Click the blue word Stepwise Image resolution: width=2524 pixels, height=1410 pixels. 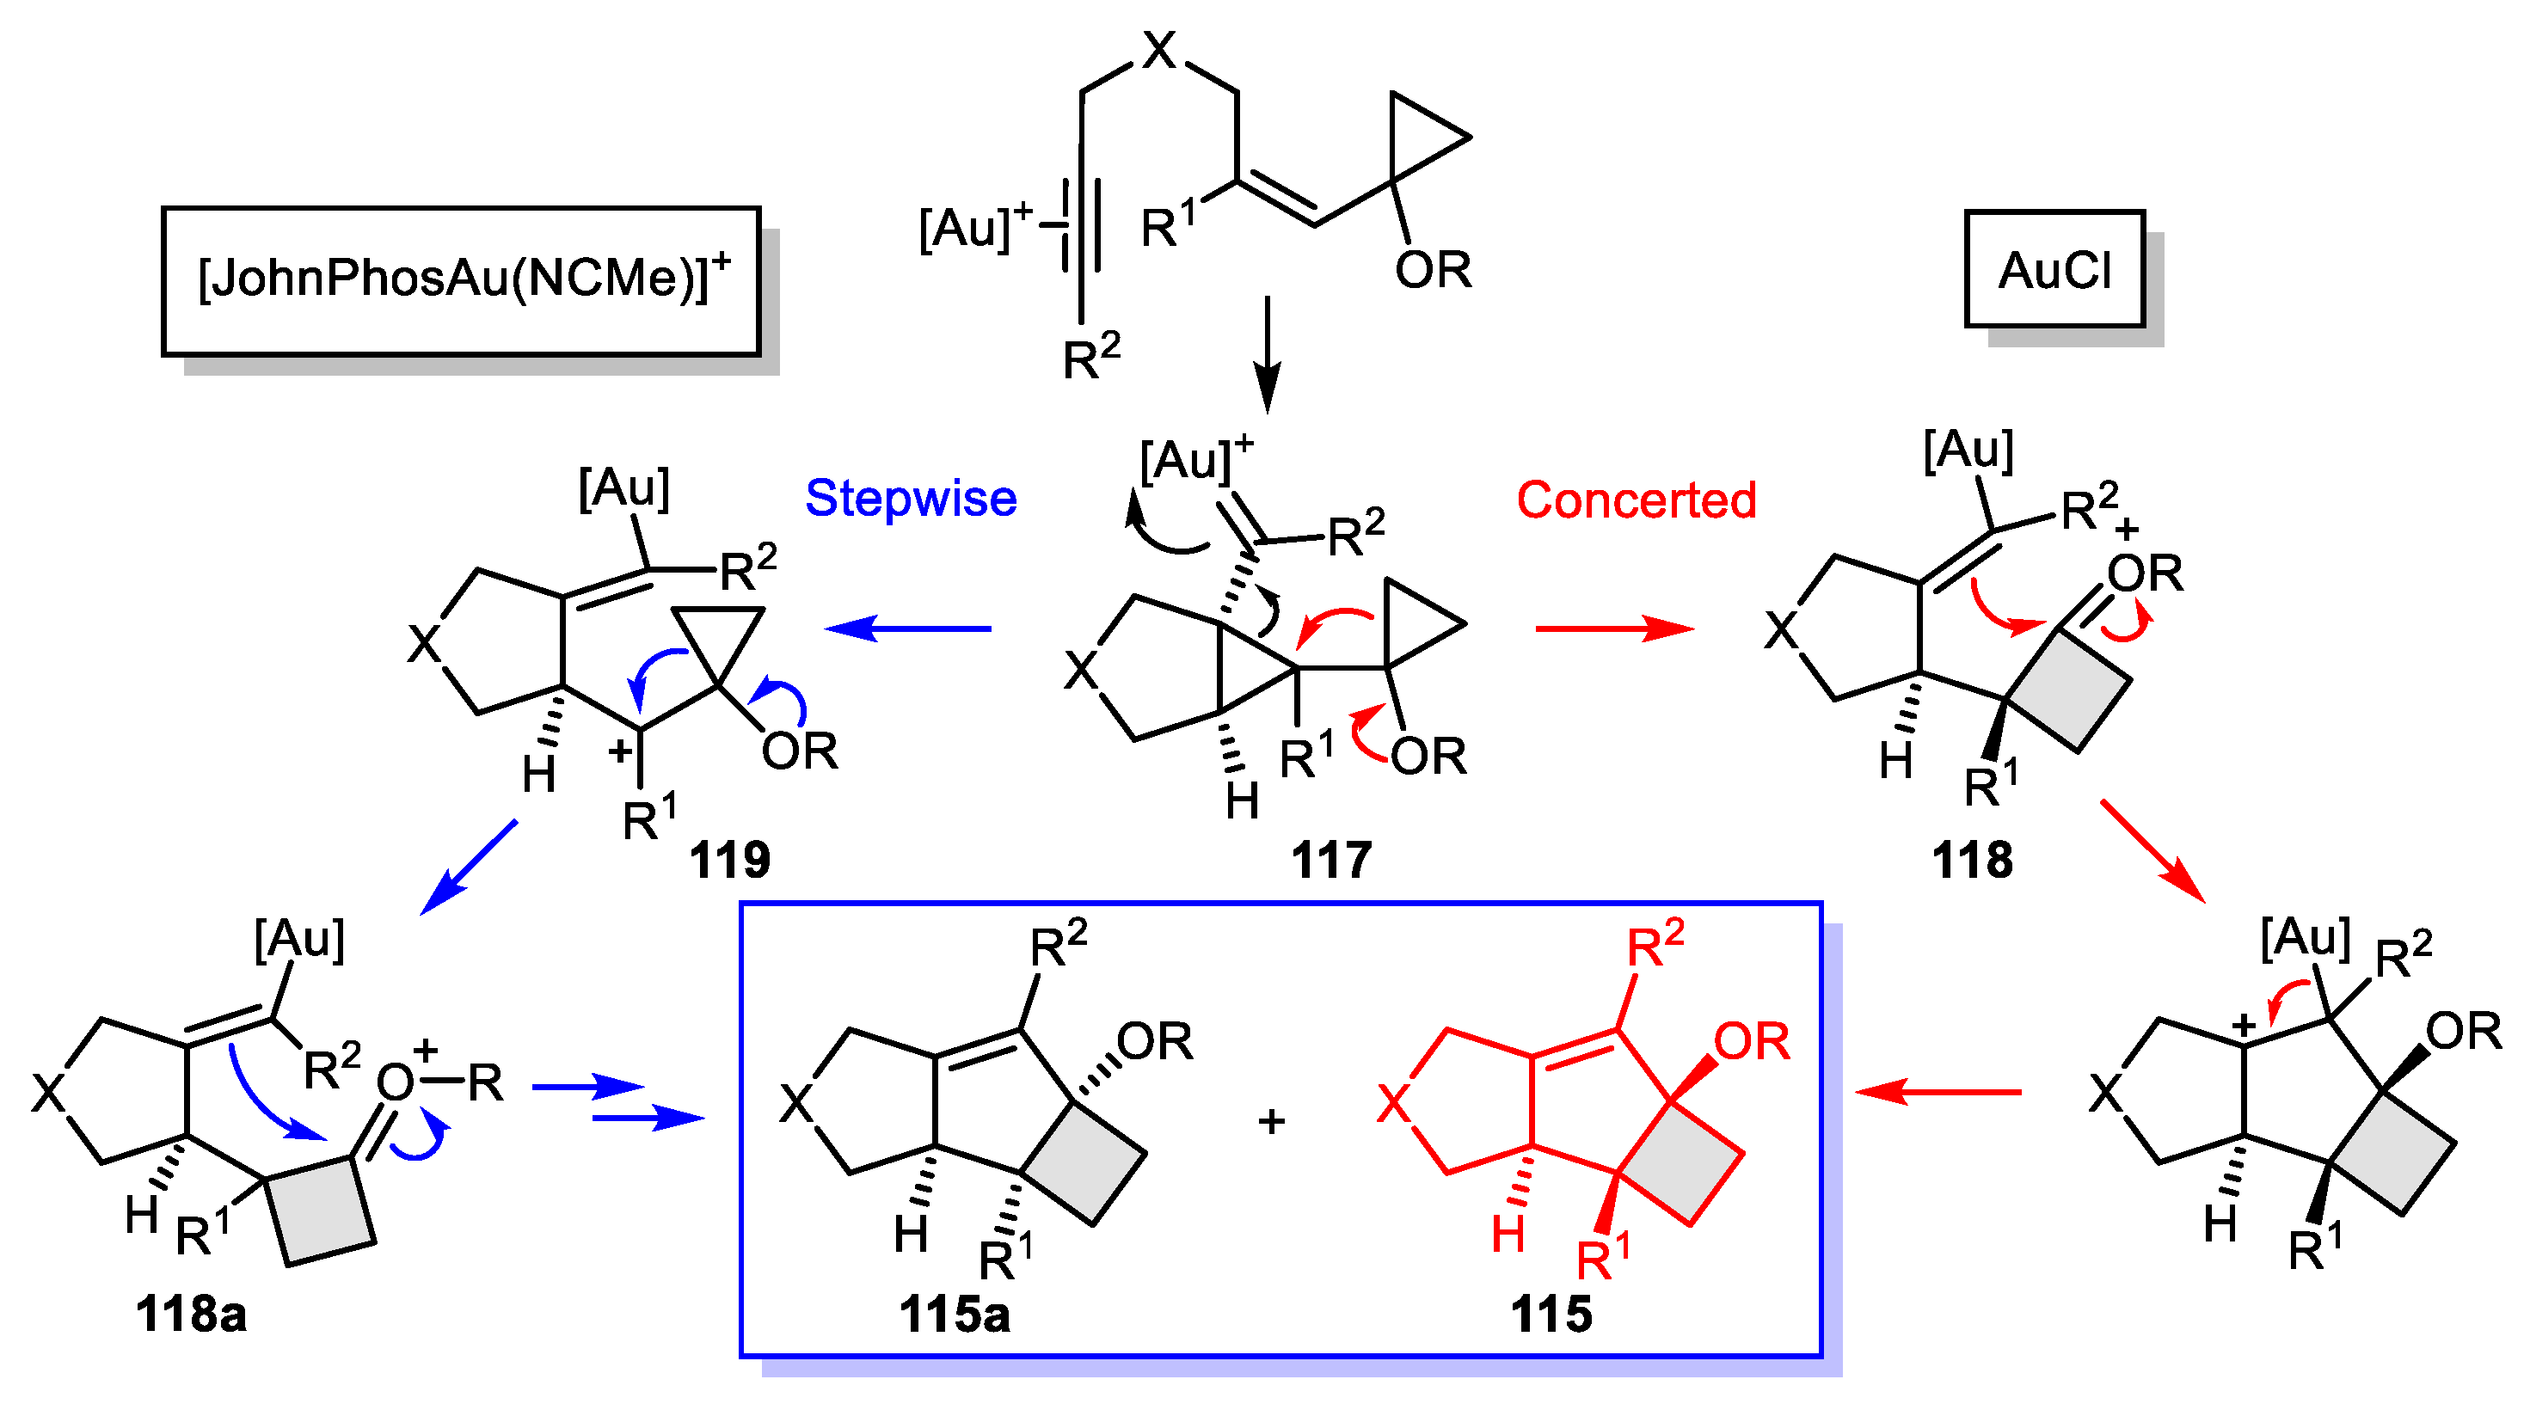coord(910,499)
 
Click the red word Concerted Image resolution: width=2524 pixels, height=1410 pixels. coord(1637,500)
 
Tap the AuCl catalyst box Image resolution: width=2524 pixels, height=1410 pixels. coord(2054,269)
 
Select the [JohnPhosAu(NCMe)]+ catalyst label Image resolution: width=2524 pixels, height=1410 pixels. coord(462,279)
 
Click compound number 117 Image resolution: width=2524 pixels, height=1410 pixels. coord(1330,861)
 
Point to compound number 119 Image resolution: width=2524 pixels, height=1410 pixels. coord(729,861)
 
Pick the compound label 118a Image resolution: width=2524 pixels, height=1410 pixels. coord(191,1314)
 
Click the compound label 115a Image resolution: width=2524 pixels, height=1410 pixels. coord(955,1314)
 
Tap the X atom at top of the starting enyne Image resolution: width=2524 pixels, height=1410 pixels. coord(1159,49)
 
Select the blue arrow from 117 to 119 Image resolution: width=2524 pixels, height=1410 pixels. coord(908,628)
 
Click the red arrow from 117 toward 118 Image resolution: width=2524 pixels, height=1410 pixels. coord(1614,628)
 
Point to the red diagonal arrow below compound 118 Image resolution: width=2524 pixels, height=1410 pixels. coord(2152,850)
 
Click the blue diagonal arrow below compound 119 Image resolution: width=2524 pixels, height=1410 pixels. coord(469,867)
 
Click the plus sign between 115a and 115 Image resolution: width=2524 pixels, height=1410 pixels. coord(1271,1121)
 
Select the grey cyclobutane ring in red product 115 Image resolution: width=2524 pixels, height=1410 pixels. coord(1680,1163)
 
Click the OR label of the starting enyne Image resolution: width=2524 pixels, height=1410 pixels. coord(1433,269)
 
